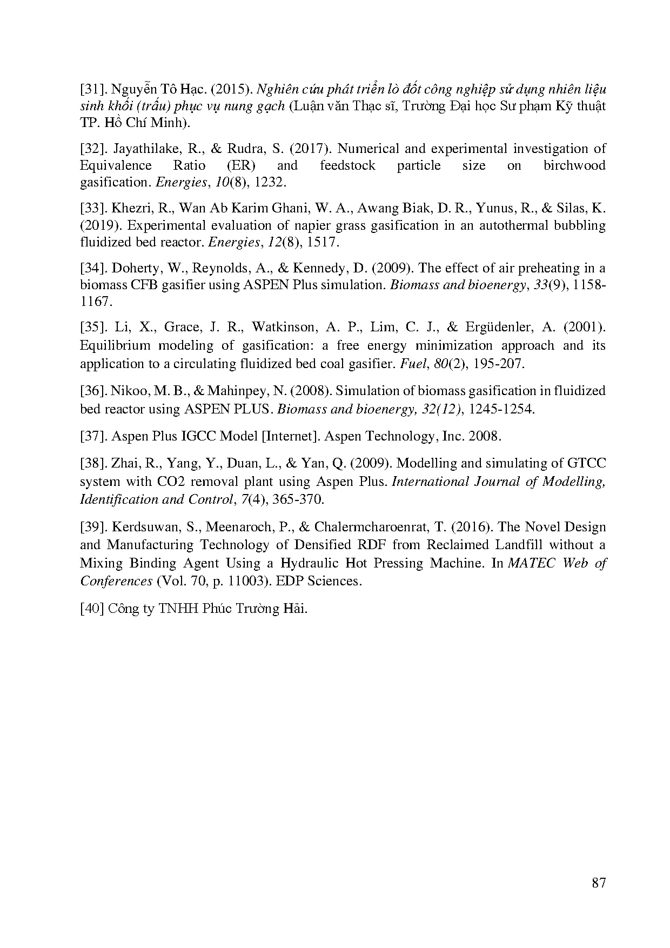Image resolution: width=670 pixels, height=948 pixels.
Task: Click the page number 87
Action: [x=599, y=883]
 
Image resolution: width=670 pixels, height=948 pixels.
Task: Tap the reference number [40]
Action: [x=91, y=609]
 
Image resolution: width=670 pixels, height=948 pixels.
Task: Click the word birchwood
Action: [x=574, y=165]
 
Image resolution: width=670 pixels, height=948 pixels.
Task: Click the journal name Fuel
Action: [x=409, y=363]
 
